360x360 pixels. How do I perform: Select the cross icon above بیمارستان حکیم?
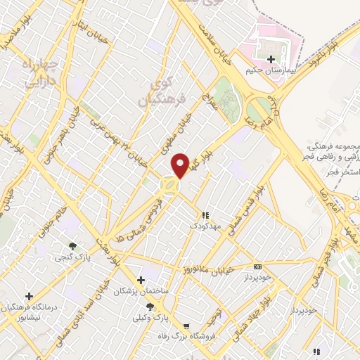click(271, 58)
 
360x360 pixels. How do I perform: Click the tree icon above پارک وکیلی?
click(150, 307)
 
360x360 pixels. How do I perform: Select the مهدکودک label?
click(205, 226)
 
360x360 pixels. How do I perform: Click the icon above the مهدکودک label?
click(205, 215)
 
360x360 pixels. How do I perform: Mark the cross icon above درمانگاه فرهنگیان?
click(29, 296)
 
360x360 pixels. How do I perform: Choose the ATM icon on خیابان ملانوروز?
click(258, 266)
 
